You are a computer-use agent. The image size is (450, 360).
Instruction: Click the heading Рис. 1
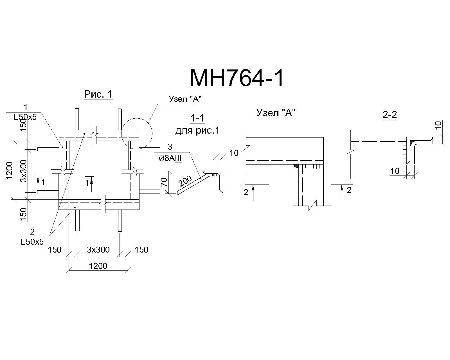tap(98, 94)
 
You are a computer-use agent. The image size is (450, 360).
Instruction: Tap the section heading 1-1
tap(197, 118)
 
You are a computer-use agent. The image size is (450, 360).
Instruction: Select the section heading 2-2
tap(390, 115)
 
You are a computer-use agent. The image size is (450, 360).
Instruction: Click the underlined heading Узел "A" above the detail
tap(276, 113)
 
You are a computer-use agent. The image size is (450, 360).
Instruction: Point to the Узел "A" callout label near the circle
tap(185, 99)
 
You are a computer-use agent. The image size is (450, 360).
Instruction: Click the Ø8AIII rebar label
tap(170, 158)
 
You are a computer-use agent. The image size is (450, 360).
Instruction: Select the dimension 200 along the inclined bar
tap(185, 181)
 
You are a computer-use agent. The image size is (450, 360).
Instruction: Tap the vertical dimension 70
tap(164, 182)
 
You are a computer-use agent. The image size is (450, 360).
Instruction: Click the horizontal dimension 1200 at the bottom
tap(98, 266)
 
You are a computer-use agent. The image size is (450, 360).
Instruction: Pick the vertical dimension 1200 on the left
tap(10, 171)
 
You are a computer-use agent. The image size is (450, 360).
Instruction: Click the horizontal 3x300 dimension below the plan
tap(98, 249)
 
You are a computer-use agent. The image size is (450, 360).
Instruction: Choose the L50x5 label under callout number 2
tap(32, 242)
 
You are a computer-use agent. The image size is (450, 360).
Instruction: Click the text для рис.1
tap(197, 130)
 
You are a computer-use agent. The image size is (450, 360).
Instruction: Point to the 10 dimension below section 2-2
tap(395, 171)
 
